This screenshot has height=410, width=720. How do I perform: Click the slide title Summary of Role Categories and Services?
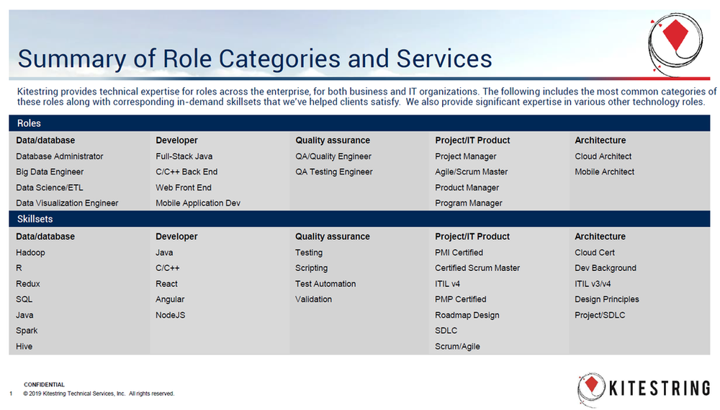coord(255,58)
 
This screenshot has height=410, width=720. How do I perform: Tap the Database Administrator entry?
coord(60,156)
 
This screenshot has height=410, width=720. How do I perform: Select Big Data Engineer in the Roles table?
coord(50,172)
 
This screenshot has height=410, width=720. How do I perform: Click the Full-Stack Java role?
coord(184,156)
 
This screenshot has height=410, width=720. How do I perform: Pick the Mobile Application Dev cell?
coord(198,203)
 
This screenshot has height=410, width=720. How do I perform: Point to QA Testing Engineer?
coord(334,172)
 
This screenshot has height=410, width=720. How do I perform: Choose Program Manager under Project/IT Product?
coord(469,203)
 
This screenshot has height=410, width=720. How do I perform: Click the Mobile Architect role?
coord(605,172)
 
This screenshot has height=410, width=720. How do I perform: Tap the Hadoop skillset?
coord(30,253)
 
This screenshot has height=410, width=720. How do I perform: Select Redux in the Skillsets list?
coord(28,284)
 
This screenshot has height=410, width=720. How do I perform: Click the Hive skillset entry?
coord(24,347)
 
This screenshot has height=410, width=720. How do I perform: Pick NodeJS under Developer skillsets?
coord(171,315)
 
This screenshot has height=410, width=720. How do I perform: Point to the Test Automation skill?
coord(325,284)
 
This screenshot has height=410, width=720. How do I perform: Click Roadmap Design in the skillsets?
coord(467,315)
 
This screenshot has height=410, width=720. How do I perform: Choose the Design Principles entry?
coord(607,300)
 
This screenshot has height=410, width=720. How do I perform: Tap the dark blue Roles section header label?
coord(29,124)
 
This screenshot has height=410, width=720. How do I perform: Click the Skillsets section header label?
coord(35,219)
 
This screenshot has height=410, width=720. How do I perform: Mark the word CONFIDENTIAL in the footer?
coord(44,385)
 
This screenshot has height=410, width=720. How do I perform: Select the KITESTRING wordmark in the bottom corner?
coord(659,389)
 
